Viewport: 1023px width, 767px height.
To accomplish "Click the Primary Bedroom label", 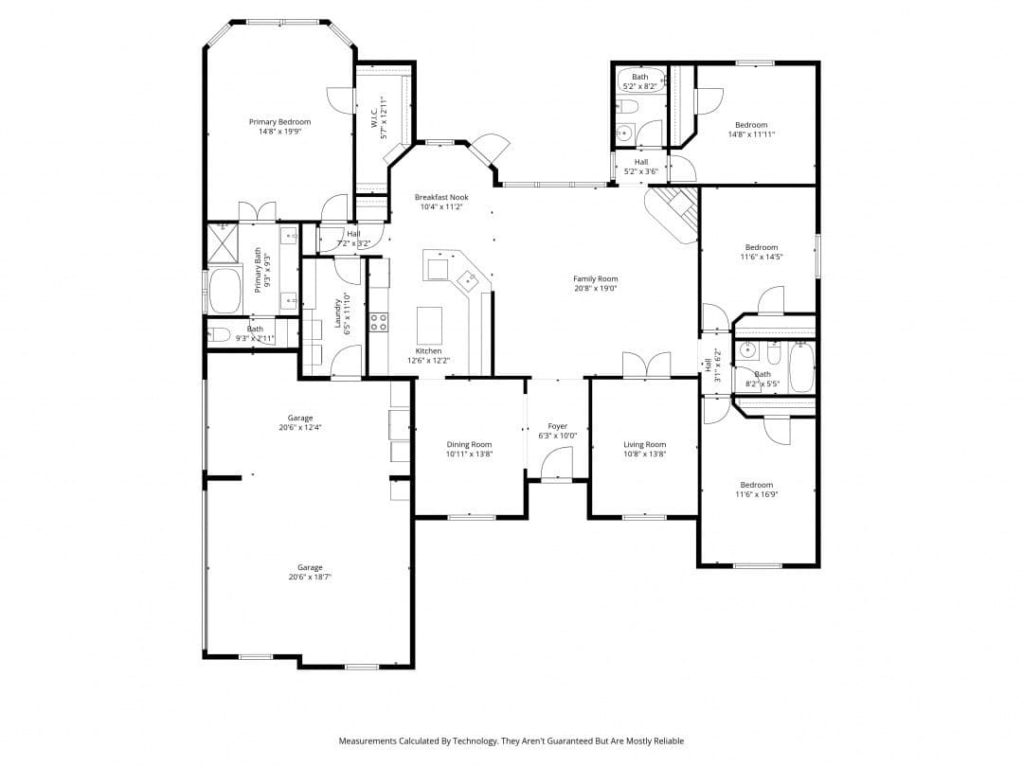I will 279,122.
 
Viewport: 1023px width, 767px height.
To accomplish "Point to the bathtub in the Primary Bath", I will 225,291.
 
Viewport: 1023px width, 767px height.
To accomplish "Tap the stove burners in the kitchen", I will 378,322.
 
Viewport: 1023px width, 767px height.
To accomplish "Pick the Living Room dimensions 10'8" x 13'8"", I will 644,455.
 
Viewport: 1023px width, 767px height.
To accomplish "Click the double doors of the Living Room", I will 646,365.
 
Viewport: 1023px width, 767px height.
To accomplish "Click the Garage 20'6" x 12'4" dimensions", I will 300,428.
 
